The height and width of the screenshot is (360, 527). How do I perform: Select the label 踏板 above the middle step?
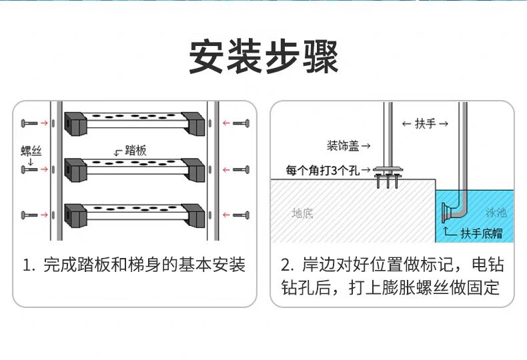coord(135,151)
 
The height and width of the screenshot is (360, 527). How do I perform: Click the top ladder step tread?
coord(133,123)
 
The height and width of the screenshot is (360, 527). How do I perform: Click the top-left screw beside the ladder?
coord(30,123)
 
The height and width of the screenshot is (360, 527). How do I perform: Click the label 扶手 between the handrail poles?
coord(425,124)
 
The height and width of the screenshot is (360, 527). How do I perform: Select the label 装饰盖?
coord(345,145)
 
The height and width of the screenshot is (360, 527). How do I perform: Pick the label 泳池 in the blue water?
coord(496,213)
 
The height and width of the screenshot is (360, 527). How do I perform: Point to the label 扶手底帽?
coord(481,233)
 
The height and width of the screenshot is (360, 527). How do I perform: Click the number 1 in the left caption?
coord(28,265)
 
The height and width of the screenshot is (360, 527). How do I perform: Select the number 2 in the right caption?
coord(286,265)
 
